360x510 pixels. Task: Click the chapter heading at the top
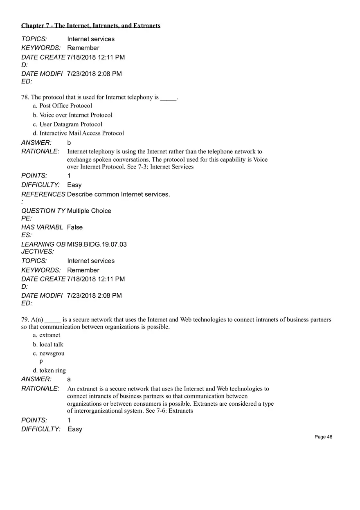[x=91, y=26]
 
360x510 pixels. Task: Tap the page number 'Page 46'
[x=323, y=437]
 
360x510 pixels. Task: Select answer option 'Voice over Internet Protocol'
[x=76, y=115]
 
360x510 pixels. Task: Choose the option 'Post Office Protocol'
[x=65, y=106]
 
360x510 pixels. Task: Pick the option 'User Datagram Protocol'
[x=71, y=124]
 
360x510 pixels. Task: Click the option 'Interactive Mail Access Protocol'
[x=81, y=133]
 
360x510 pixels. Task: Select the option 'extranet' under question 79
[x=49, y=335]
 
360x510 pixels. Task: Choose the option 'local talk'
[x=51, y=344]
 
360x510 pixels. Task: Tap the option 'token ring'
[x=52, y=370]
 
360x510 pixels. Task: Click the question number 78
[x=25, y=97]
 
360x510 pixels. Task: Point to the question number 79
[x=25, y=319]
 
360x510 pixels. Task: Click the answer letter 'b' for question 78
[x=69, y=143]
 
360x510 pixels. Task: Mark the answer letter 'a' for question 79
[x=69, y=379]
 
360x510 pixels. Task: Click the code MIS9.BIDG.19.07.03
[x=97, y=244]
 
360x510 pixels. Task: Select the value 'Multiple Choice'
[x=89, y=211]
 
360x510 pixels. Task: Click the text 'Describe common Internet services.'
[x=118, y=194]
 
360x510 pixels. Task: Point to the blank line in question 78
[x=168, y=98]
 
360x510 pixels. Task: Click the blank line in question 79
[x=53, y=320]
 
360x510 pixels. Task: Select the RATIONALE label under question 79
[x=40, y=389]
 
